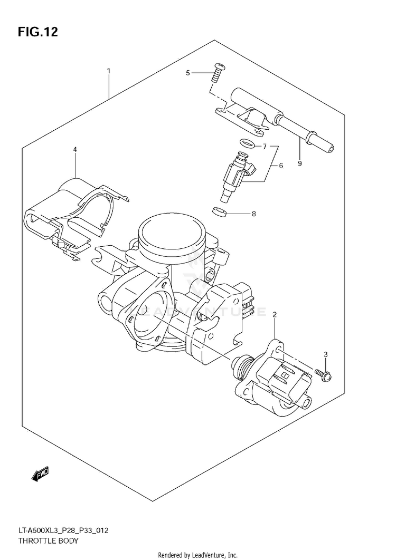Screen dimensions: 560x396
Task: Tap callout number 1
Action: click(108, 71)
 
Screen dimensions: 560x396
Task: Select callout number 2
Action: click(275, 315)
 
